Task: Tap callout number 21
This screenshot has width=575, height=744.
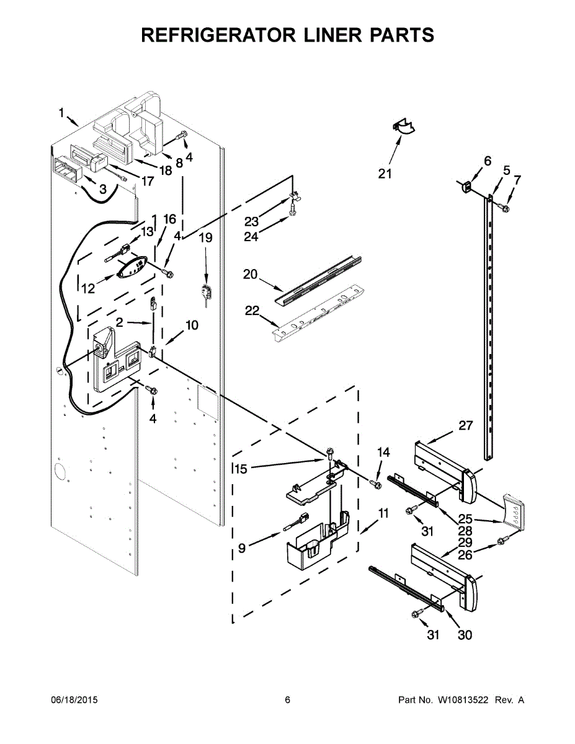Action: point(385,174)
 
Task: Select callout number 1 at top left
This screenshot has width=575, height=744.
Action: point(61,112)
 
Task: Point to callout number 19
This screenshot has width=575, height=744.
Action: point(205,237)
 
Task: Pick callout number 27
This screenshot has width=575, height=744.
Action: point(465,425)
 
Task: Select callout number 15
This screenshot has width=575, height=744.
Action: point(241,469)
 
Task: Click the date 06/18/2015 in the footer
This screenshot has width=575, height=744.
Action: point(74,700)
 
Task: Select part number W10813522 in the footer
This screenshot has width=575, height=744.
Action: point(462,700)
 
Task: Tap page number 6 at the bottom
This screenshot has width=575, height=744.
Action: point(287,700)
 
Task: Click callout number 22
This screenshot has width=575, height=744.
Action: point(251,311)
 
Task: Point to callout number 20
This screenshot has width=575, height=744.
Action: point(251,274)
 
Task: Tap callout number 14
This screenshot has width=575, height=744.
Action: point(384,453)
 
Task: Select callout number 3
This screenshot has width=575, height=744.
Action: point(103,188)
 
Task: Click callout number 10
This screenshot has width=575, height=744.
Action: point(192,325)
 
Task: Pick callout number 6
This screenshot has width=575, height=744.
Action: point(488,161)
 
